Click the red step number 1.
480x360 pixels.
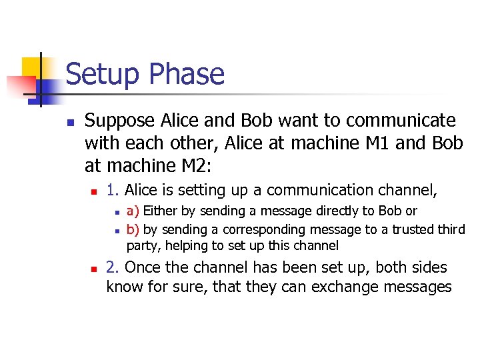pyautogui.click(x=113, y=191)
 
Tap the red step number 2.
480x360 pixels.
pyautogui.click(x=113, y=268)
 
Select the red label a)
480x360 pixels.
pyautogui.click(x=133, y=211)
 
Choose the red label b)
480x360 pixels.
pyautogui.click(x=133, y=229)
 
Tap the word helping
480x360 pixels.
pyautogui.click(x=186, y=246)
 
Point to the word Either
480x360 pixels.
pyautogui.click(x=159, y=211)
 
